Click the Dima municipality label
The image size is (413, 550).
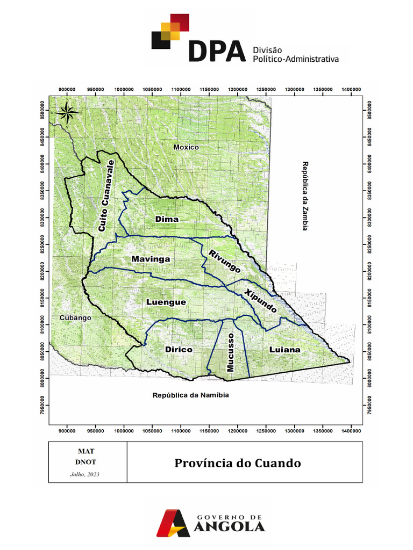pos(167,219)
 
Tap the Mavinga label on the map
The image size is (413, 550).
pos(151,259)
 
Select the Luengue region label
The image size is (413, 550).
pos(166,302)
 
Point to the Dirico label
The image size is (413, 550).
pos(179,350)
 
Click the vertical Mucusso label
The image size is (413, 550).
pos(230,352)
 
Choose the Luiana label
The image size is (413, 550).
pos(284,350)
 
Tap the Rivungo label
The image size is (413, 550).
pos(225,262)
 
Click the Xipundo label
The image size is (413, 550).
pos(261,301)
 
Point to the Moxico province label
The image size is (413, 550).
pos(186,147)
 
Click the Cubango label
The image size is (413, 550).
pos(75,318)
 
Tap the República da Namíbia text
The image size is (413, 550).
pos(191,395)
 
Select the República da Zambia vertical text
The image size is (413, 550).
pos(304,196)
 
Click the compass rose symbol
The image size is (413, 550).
pos(68,112)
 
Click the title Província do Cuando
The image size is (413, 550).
pos(237,463)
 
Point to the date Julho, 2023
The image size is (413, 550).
pos(85,474)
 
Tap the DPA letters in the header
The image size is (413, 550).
pos(217,52)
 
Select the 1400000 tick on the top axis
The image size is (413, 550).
pos(351,89)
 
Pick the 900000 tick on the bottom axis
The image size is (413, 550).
pos(67,431)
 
